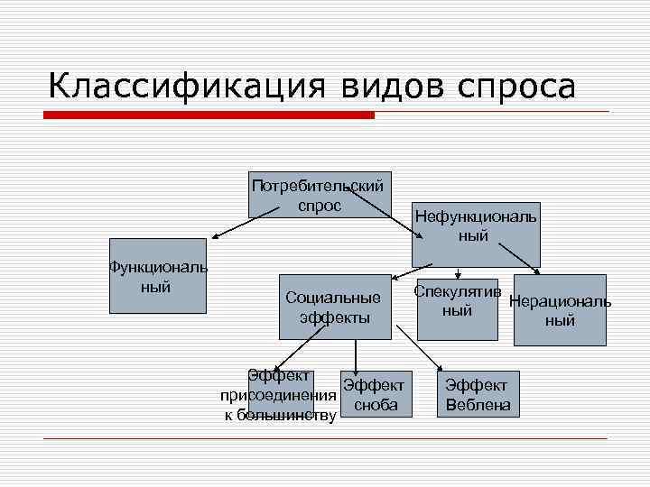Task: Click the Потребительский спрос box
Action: tap(320, 195)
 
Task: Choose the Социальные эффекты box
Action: tap(334, 307)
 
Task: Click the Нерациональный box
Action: tap(560, 309)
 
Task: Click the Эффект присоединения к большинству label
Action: tap(280, 395)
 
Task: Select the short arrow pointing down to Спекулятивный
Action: tap(459, 273)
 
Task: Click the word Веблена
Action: tap(478, 406)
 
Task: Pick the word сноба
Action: tap(376, 406)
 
